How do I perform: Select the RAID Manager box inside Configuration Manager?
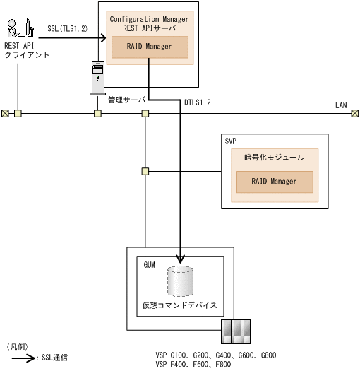[150, 47]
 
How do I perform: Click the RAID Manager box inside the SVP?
[275, 182]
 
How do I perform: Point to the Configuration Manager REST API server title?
[149, 24]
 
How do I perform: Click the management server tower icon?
[97, 77]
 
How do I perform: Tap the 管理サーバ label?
[126, 101]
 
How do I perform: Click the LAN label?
[341, 105]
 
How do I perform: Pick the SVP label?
[230, 141]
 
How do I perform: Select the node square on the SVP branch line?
[145, 170]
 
